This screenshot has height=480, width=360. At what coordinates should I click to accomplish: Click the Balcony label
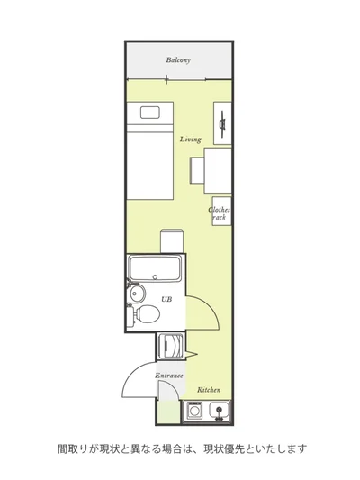pos(178,59)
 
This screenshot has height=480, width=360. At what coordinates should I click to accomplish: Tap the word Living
pos(190,140)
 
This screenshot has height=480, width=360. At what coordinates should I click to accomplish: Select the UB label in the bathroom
pos(166,299)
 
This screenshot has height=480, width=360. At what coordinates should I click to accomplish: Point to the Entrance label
pos(169,376)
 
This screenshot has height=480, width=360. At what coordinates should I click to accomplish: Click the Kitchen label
pos(209,390)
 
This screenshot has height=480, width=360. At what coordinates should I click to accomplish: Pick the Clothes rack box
pos(221,212)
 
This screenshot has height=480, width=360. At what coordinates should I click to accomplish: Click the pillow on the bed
pos(150,113)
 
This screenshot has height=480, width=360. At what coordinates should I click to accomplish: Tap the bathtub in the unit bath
pos(155,268)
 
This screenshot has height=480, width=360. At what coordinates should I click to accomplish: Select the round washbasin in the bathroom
pos(137,293)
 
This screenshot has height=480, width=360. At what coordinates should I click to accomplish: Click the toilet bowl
pos(148,313)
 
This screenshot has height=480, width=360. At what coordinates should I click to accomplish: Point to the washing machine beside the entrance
pos(169,345)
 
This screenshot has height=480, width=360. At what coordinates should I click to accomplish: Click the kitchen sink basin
pos(219,411)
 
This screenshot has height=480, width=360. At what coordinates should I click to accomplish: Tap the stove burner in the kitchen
pos(193,410)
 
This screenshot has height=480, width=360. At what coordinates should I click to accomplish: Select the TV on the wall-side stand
pos(222,123)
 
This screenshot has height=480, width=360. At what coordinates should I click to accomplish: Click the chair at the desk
pos(197,170)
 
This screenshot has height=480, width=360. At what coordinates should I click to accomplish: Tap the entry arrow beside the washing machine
pos(192,355)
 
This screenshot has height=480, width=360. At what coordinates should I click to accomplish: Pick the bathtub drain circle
pos(155,277)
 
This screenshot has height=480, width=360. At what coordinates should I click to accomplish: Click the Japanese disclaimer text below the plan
pos(183,448)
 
